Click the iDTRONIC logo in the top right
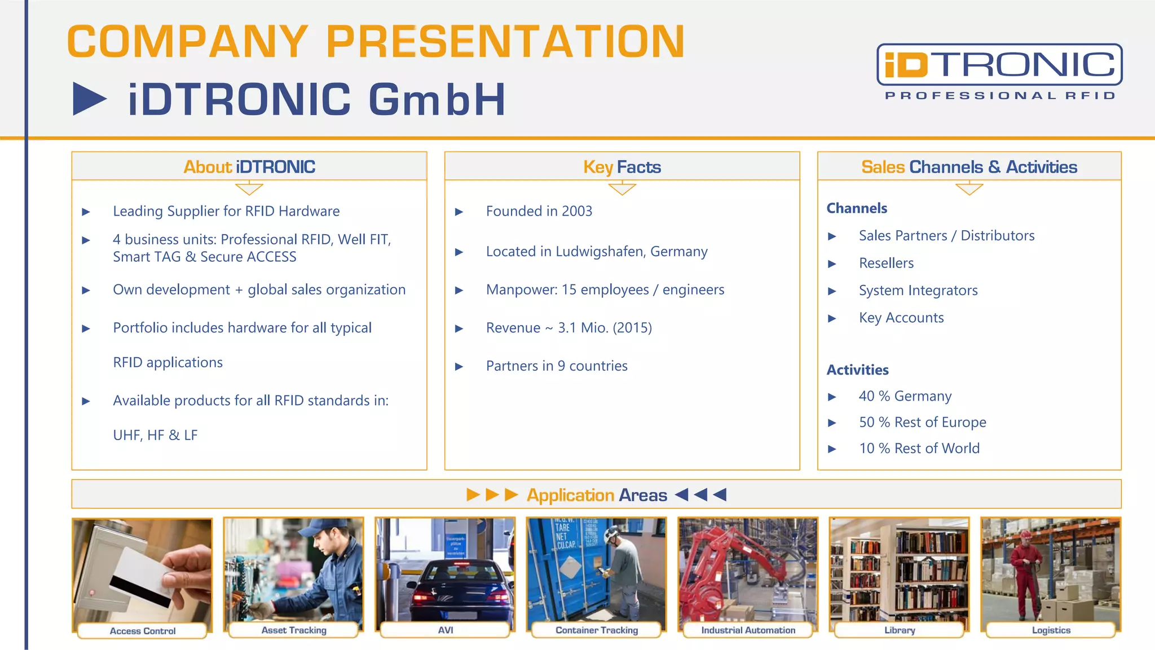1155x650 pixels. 999,71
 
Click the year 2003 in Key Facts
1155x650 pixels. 577,211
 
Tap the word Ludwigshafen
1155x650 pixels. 599,252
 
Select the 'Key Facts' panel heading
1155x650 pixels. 622,167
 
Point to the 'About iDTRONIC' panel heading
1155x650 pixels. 249,167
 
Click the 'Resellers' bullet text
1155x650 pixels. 886,263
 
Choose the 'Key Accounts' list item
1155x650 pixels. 901,318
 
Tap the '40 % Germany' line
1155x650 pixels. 905,396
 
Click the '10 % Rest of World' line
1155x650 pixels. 919,449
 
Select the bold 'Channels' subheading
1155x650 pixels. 857,208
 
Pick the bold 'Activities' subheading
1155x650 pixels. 857,370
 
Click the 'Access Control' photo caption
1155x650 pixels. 143,631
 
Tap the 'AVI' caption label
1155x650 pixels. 446,630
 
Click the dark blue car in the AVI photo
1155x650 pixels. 451,587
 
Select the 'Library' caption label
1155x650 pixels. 900,630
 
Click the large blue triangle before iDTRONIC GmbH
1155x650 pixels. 89,99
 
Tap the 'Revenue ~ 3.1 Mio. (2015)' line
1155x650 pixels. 568,328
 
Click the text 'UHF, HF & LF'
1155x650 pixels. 155,436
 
